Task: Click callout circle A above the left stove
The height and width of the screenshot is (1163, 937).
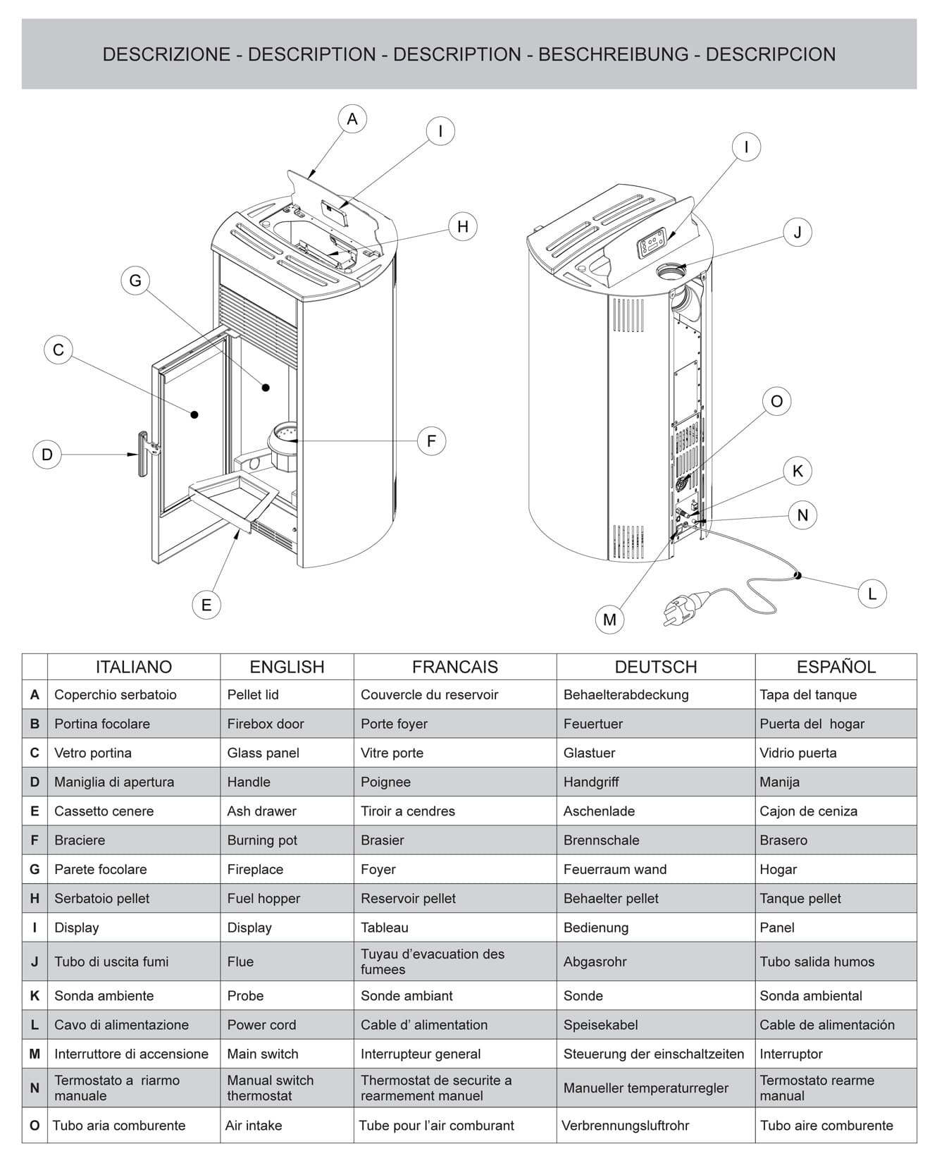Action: pyautogui.click(x=352, y=119)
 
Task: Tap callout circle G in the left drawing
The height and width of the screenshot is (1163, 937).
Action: pyautogui.click(x=135, y=281)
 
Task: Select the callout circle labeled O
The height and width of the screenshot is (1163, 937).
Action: pyautogui.click(x=776, y=401)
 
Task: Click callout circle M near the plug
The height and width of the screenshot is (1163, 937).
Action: pyautogui.click(x=609, y=620)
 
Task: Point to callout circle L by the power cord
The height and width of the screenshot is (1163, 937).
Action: pyautogui.click(x=871, y=593)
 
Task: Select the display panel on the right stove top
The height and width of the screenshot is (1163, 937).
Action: pyautogui.click(x=653, y=245)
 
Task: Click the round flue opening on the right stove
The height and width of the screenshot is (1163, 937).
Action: pyautogui.click(x=670, y=270)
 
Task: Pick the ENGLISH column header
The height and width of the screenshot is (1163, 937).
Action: pyautogui.click(x=287, y=667)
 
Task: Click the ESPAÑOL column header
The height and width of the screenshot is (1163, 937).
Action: pyautogui.click(x=836, y=667)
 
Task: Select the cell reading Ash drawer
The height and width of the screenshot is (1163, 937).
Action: pyautogui.click(x=261, y=811)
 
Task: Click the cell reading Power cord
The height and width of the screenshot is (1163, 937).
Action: pyautogui.click(x=261, y=1025)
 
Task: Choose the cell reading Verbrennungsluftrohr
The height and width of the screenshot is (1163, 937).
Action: pyautogui.click(x=625, y=1126)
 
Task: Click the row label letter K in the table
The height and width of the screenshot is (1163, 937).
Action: pyautogui.click(x=35, y=996)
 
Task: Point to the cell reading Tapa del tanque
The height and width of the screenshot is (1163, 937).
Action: pyautogui.click(x=807, y=695)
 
